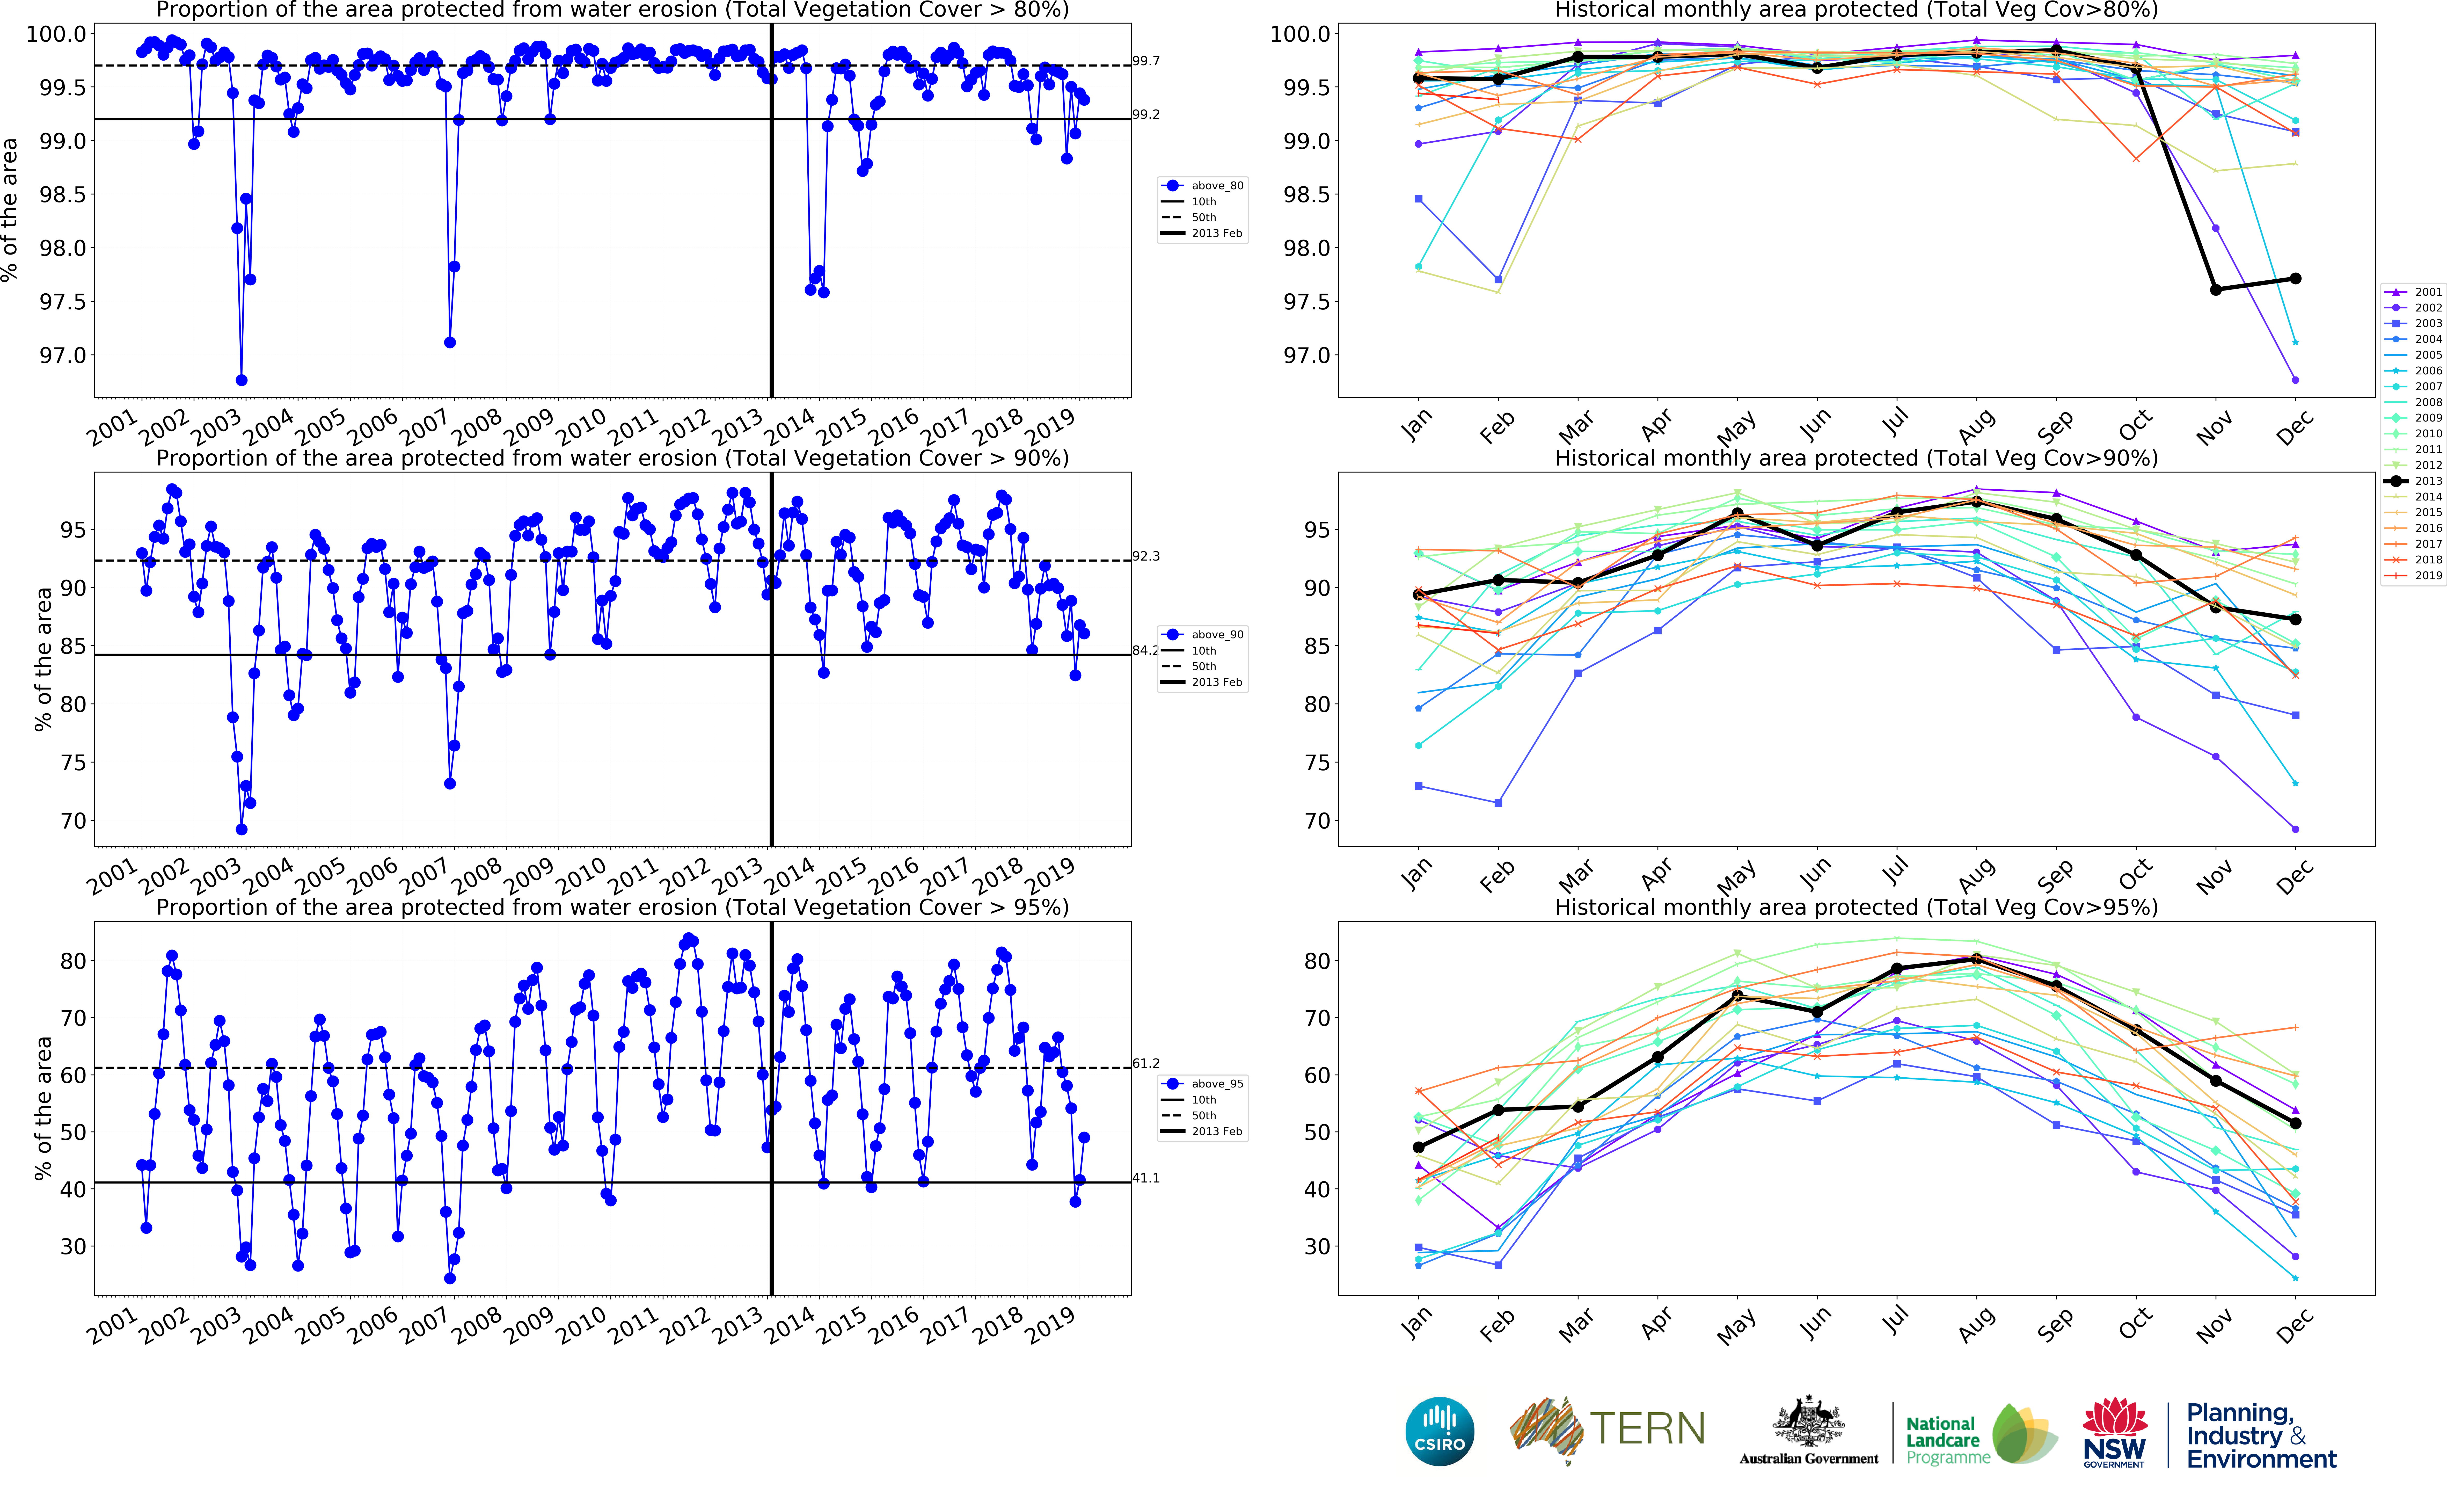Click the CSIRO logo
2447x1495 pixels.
click(x=1439, y=1431)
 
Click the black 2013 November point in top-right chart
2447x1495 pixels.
click(x=2216, y=289)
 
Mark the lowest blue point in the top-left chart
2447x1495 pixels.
click(x=241, y=380)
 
